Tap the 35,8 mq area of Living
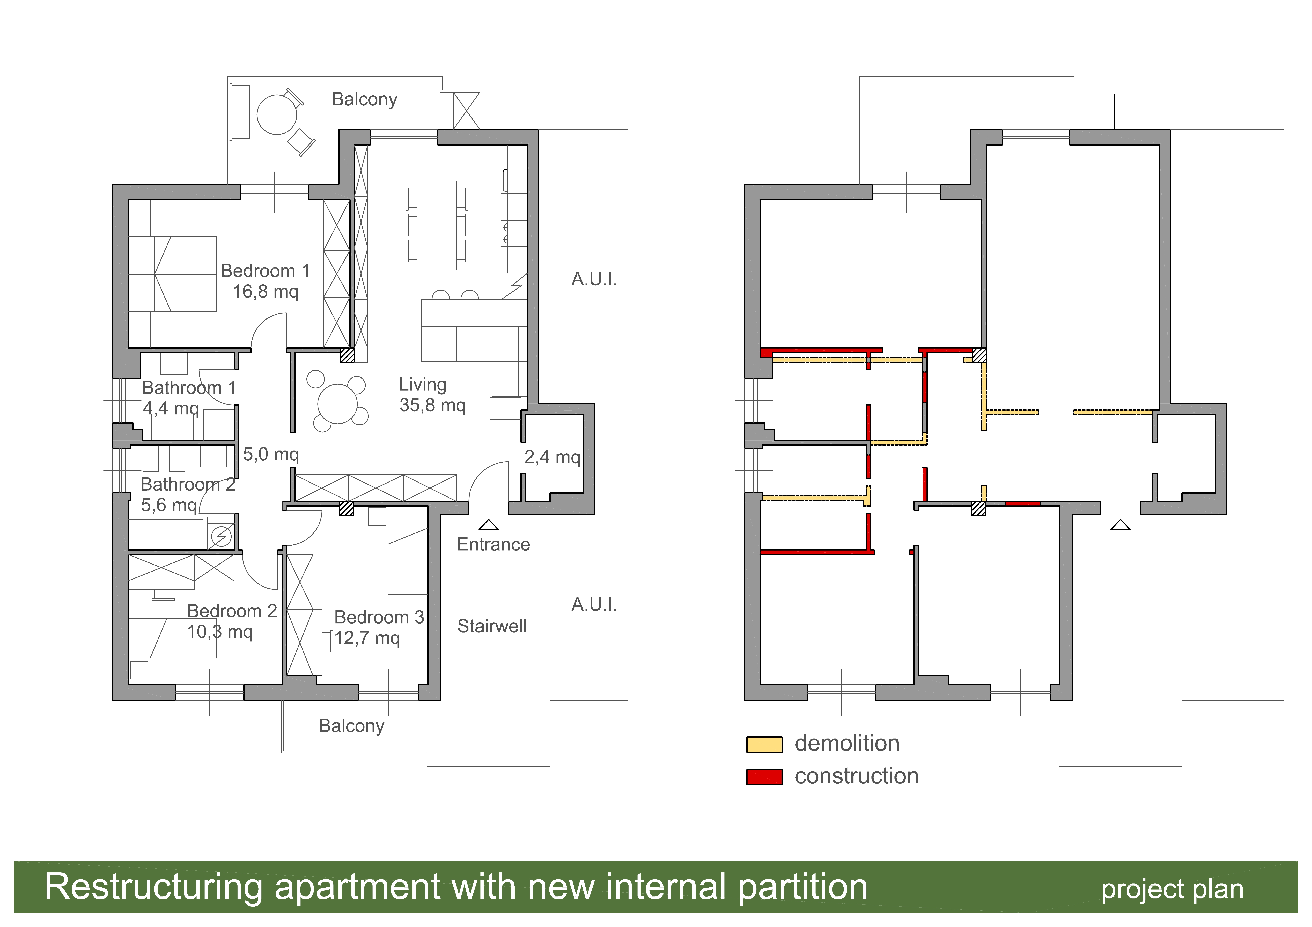click(433, 405)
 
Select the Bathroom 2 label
click(188, 485)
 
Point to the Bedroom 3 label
click(379, 617)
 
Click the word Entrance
click(493, 544)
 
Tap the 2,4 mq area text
click(552, 457)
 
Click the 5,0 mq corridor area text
click(271, 454)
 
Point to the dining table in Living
click(437, 225)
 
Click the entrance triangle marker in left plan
click(489, 525)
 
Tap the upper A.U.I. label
click(594, 279)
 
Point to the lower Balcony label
click(351, 726)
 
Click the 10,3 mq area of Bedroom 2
click(220, 632)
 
